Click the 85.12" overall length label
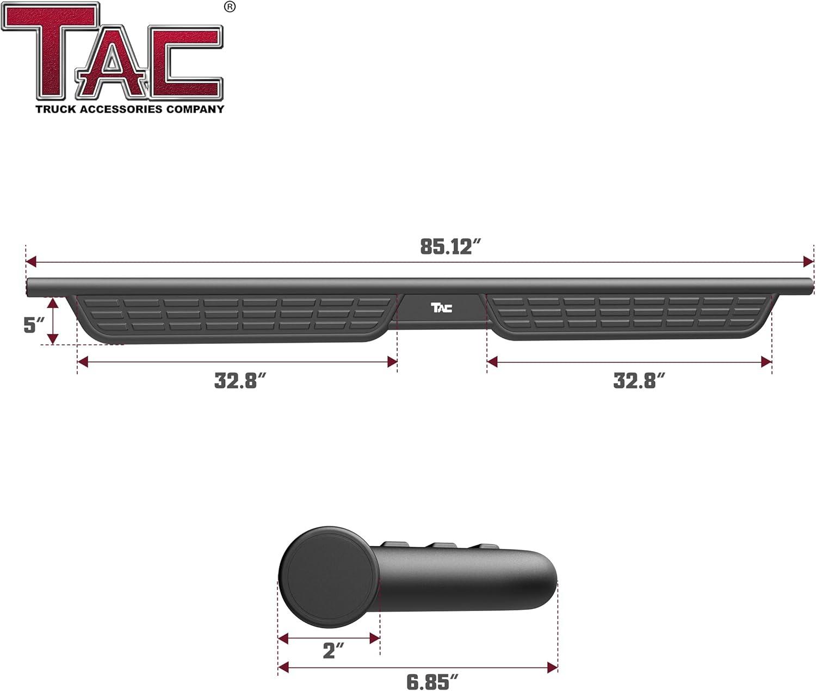coord(451,246)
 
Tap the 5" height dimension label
coord(34,325)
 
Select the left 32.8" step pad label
coord(240,380)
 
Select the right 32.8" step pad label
coord(639,380)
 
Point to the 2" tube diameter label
coord(333,650)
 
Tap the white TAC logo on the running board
coord(441,308)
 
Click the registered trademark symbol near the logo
coord(230,7)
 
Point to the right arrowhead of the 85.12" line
coord(808,262)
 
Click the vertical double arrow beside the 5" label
coord(53,321)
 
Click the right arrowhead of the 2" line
coord(374,638)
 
